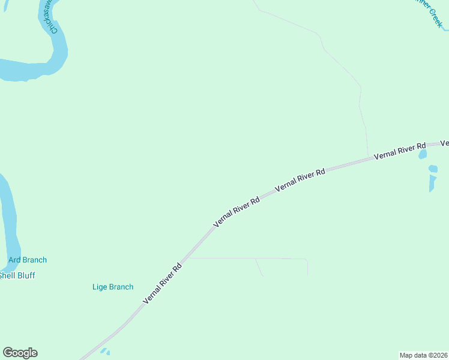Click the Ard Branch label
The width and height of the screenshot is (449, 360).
pyautogui.click(x=28, y=260)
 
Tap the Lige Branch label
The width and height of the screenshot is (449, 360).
pyautogui.click(x=113, y=287)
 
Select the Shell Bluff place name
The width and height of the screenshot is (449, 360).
pyautogui.click(x=17, y=275)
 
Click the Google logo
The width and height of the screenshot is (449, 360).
pyautogui.click(x=20, y=353)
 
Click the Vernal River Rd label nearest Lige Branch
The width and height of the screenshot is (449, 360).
pyautogui.click(x=162, y=283)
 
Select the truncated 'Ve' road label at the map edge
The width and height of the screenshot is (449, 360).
pyautogui.click(x=445, y=143)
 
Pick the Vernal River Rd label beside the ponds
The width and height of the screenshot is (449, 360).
pyautogui.click(x=399, y=151)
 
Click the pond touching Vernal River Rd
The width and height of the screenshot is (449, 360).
pyautogui.click(x=423, y=154)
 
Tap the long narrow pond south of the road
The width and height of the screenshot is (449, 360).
pyautogui.click(x=432, y=183)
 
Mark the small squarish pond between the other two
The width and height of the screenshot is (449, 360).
pyautogui.click(x=433, y=169)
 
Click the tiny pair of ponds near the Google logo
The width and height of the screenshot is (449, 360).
pyautogui.click(x=105, y=352)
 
